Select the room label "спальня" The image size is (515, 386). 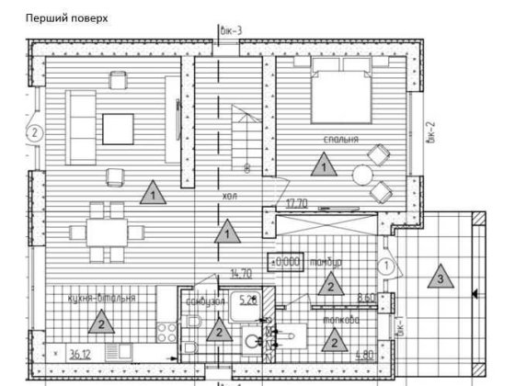339,141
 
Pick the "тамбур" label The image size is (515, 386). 326,262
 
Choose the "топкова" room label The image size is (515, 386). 341,321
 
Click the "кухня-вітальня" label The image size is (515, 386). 101,299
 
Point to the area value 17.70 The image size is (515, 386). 296,204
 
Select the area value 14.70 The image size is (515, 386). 241,273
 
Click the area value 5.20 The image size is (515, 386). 247,300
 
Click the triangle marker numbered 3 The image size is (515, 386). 441,276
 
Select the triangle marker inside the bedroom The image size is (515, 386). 323,166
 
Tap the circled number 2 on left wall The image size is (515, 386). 34,132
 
